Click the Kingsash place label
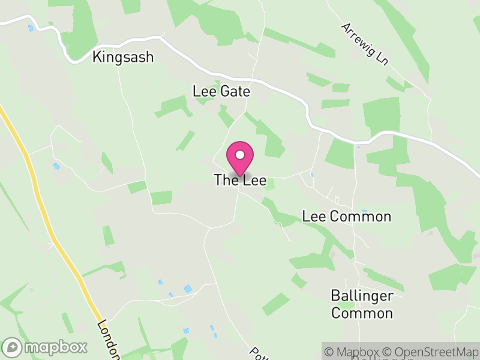coord(123,57)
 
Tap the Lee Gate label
coord(221,91)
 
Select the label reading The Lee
coord(240,180)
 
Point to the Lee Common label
coord(347,216)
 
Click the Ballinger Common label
coord(362,304)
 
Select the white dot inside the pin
coord(240,155)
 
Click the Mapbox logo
coord(45,347)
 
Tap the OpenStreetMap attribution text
coord(431,352)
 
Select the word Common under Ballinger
coord(362,313)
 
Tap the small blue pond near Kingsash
coord(31,28)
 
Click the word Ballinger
coord(362,296)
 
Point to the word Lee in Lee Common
coord(313,216)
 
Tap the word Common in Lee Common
coord(359,216)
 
